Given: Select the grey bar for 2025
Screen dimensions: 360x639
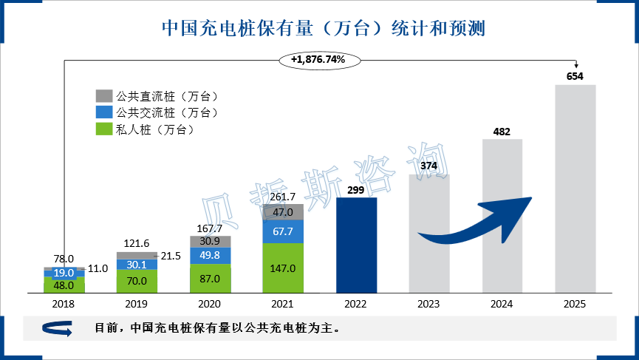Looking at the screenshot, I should coord(575,189).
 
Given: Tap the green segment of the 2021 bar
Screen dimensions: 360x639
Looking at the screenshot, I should coord(284,268).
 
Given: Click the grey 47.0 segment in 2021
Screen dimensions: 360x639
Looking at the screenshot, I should coord(284,212).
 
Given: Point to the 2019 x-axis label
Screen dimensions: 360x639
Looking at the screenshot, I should coord(137,304).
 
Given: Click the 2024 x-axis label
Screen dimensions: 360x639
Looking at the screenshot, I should coord(502,304).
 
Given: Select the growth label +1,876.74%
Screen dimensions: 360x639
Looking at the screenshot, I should coord(318,59).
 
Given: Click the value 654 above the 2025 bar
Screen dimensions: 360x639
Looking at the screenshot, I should coord(575,76).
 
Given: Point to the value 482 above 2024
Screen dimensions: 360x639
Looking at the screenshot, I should coord(502,132).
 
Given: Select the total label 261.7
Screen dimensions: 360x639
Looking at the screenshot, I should coord(284,197).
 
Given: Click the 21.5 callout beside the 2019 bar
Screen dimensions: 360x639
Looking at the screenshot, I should coord(171,256).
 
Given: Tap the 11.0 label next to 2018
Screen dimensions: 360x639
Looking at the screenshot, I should coord(98,269).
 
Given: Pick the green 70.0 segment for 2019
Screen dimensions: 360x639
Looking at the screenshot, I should coord(137,281).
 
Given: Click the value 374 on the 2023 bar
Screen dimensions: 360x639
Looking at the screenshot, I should coord(429,166).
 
